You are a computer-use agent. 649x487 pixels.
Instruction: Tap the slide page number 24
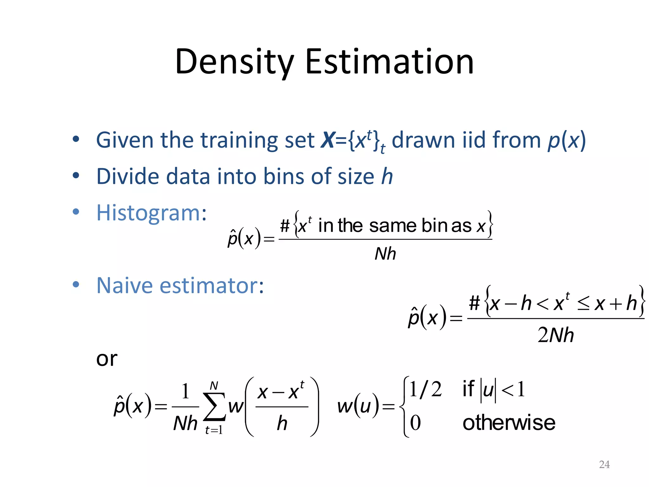click(604, 464)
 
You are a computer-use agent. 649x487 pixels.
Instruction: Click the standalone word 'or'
click(106, 359)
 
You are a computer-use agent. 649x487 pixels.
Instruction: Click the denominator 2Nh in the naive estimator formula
click(556, 335)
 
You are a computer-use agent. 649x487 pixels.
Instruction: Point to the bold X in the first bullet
click(327, 140)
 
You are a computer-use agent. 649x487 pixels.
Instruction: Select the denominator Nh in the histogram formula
click(385, 254)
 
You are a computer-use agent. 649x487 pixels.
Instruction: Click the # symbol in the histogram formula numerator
click(285, 226)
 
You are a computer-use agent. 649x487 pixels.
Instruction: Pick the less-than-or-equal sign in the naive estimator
click(583, 304)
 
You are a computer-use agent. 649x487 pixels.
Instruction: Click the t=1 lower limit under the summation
click(214, 430)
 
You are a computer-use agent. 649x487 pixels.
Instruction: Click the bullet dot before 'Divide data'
click(76, 175)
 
